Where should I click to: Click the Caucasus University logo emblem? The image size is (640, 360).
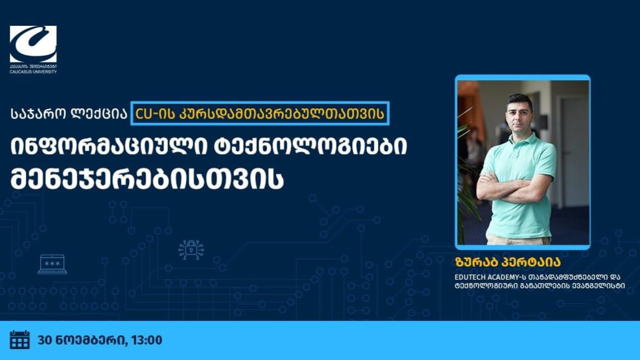pyautogui.click(x=33, y=44)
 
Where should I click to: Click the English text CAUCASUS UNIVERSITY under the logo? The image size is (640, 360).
pyautogui.click(x=33, y=72)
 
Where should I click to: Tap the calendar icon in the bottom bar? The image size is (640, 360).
pyautogui.click(x=19, y=339)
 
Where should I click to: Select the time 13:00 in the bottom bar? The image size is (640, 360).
pyautogui.click(x=147, y=340)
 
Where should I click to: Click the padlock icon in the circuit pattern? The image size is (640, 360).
pyautogui.click(x=191, y=250)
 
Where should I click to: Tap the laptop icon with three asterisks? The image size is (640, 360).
pyautogui.click(x=52, y=264)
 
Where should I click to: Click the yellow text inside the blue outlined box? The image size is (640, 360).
pyautogui.click(x=260, y=114)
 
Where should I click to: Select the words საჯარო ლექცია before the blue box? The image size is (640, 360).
pyautogui.click(x=69, y=114)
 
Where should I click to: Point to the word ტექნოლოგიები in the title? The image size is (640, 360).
pyautogui.click(x=311, y=147)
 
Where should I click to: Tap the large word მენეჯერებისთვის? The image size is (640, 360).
pyautogui.click(x=147, y=180)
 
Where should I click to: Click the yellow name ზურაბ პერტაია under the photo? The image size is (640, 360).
pyautogui.click(x=508, y=261)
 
